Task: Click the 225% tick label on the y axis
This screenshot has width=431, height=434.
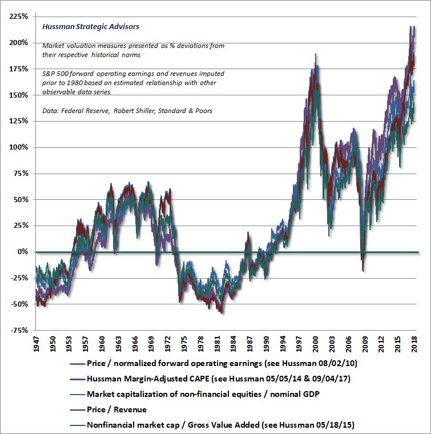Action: click(x=19, y=17)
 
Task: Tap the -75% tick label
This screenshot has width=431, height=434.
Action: click(x=20, y=330)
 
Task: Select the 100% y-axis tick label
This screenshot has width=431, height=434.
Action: click(x=19, y=147)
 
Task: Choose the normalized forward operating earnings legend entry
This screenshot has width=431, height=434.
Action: click(x=206, y=363)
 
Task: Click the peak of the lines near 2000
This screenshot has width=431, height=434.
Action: click(x=316, y=55)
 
